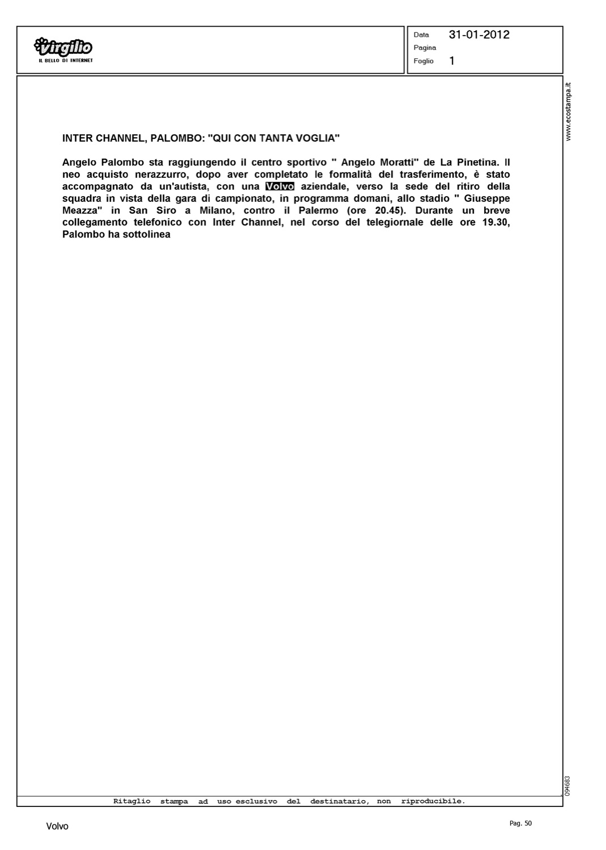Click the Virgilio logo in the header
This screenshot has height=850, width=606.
point(63,48)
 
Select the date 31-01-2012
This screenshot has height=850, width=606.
point(479,35)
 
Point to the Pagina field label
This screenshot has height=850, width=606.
point(425,48)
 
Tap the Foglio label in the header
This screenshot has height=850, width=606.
point(423,61)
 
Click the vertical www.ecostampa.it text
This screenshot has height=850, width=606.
point(569,111)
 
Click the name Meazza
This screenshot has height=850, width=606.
point(82,211)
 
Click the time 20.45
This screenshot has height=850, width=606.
point(389,211)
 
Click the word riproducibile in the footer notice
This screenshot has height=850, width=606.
point(433,801)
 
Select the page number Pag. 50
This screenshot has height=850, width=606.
point(521,823)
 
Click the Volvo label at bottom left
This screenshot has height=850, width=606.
point(57,827)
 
